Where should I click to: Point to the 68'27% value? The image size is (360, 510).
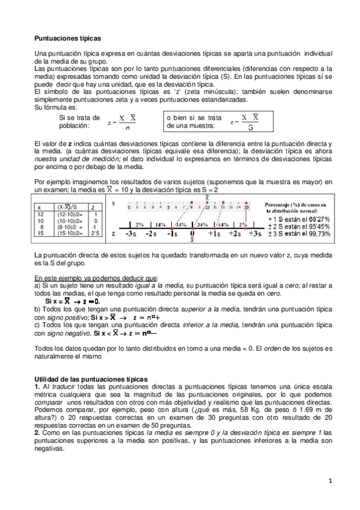click(311, 220)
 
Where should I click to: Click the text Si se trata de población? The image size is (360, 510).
click(75, 122)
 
